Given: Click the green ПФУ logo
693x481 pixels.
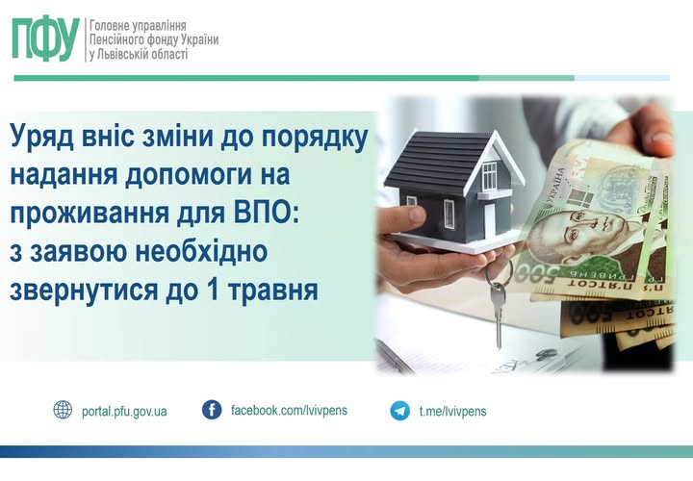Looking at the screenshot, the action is pyautogui.click(x=45, y=38).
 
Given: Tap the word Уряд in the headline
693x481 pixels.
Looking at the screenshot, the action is pyautogui.click(x=41, y=138).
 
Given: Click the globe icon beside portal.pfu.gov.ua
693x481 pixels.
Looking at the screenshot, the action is pyautogui.click(x=63, y=410).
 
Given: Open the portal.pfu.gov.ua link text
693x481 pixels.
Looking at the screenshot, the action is pyautogui.click(x=124, y=412).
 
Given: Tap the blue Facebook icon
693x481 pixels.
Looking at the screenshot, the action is pyautogui.click(x=212, y=410).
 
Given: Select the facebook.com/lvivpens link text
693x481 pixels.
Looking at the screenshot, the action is pyautogui.click(x=289, y=411).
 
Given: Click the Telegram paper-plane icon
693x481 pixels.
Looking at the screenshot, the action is pyautogui.click(x=400, y=411).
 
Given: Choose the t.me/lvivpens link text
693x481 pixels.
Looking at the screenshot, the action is pyautogui.click(x=452, y=411).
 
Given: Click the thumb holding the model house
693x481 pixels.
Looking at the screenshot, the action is pyautogui.click(x=406, y=216).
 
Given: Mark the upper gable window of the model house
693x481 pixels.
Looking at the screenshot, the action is pyautogui.click(x=490, y=176).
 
